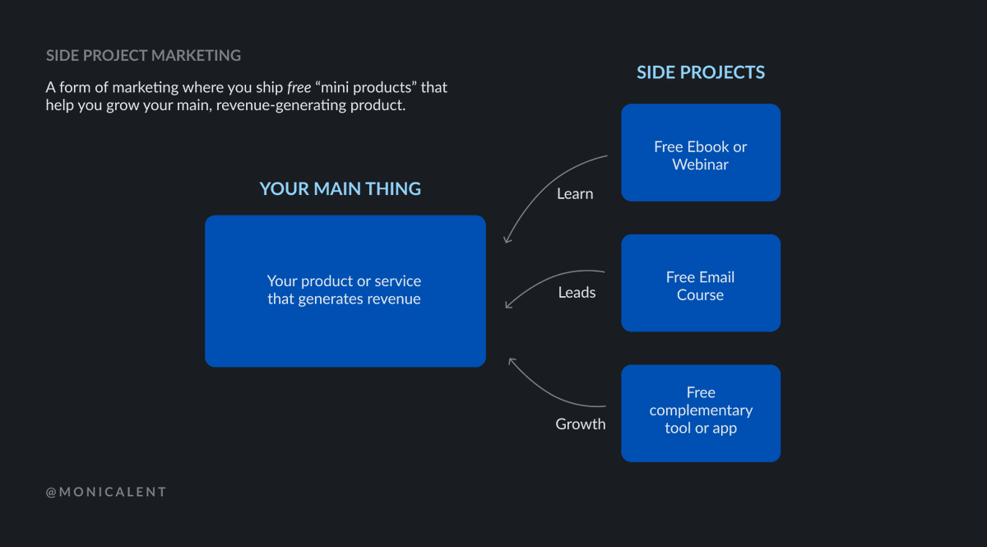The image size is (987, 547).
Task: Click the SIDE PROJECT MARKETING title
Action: (143, 56)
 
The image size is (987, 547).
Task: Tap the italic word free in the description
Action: (299, 87)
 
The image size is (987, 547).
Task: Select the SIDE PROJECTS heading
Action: (700, 72)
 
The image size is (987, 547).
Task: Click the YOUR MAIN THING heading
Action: (340, 189)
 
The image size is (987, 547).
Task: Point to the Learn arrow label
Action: (574, 194)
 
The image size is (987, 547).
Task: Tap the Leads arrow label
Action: (577, 293)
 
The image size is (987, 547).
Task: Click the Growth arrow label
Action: (580, 424)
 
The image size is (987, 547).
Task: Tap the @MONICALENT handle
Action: (106, 492)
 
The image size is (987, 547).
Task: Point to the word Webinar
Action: (700, 165)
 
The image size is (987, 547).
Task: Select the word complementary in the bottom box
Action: (700, 410)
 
